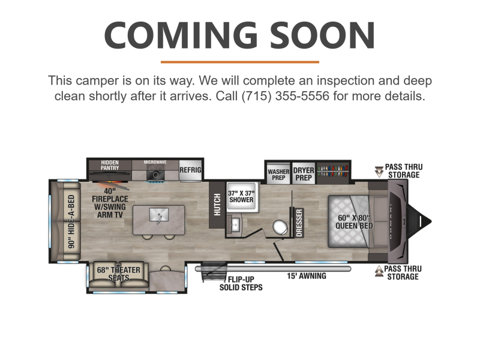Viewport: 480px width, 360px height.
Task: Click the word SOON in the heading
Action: click(x=322, y=35)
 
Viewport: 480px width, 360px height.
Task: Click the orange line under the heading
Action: click(x=240, y=62)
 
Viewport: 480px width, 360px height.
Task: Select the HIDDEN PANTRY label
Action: click(x=110, y=165)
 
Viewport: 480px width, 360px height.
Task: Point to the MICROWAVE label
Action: click(x=155, y=162)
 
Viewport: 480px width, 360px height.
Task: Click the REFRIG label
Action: click(x=190, y=170)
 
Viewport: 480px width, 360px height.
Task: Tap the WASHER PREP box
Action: click(x=278, y=175)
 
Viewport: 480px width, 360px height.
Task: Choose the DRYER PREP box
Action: click(x=304, y=174)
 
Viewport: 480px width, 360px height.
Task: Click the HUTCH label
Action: click(x=217, y=205)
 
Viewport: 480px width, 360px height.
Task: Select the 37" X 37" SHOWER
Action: click(x=242, y=197)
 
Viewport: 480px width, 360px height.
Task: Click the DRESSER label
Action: click(x=299, y=223)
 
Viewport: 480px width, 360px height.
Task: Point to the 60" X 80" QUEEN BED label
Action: click(x=354, y=221)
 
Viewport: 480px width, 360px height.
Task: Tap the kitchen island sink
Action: click(x=159, y=215)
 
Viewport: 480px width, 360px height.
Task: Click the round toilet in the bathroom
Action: click(x=280, y=227)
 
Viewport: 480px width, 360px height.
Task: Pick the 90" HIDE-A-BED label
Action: click(x=71, y=221)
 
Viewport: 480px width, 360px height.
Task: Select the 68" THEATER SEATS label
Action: click(x=119, y=274)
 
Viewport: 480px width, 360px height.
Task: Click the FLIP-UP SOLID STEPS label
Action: click(x=241, y=283)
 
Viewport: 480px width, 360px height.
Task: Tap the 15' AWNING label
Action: click(x=307, y=276)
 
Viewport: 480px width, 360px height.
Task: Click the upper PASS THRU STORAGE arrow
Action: click(x=379, y=172)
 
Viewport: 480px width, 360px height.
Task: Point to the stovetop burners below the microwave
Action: click(x=155, y=174)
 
